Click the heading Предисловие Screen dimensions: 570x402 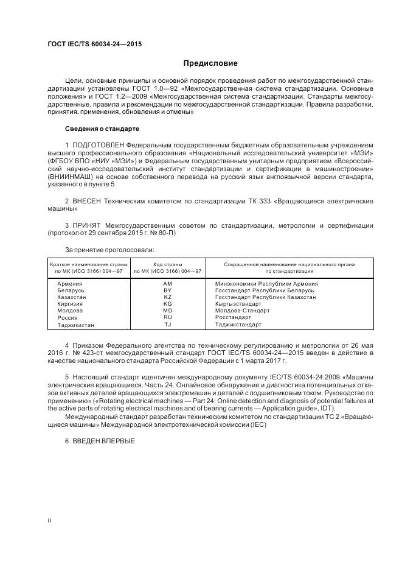point(210,63)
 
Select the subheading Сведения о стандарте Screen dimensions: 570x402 point(102,129)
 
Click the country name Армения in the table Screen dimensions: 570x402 point(69,284)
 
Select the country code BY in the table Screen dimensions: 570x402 point(168,290)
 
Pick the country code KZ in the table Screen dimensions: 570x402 point(168,297)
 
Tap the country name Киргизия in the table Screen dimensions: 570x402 point(71,304)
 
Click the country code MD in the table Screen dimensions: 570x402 point(168,311)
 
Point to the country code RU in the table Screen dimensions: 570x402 point(168,317)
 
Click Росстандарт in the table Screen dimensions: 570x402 point(233,317)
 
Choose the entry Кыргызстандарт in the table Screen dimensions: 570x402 point(238,304)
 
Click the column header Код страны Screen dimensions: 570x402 point(168,264)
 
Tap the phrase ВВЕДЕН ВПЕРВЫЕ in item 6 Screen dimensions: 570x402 point(103,441)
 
